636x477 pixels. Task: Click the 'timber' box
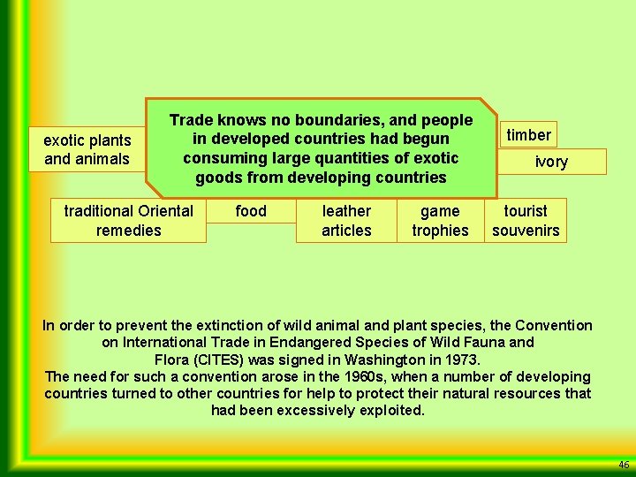click(528, 135)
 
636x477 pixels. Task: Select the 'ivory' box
click(551, 162)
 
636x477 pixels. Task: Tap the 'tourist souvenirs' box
click(526, 221)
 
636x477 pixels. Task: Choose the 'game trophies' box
click(440, 221)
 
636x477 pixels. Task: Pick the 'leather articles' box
click(346, 221)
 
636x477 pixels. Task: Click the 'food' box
click(251, 211)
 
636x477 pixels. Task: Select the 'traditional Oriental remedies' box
click(128, 221)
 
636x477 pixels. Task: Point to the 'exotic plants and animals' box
click(87, 149)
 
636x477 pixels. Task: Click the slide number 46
click(624, 465)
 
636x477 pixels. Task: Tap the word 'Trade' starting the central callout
click(189, 120)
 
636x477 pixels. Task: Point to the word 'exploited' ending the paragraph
click(390, 411)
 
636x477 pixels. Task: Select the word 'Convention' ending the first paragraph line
click(556, 326)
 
